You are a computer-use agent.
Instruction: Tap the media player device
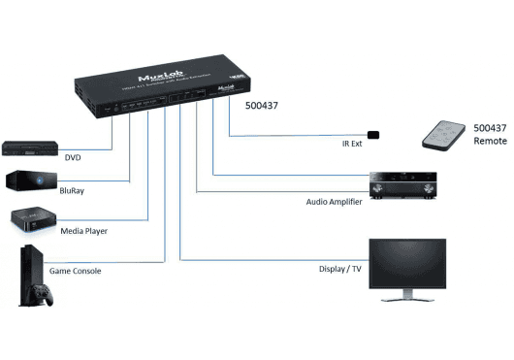tap(31, 219)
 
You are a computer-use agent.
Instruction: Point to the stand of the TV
tap(407, 299)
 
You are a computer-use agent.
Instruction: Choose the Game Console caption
tap(75, 270)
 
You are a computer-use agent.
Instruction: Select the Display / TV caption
tap(341, 270)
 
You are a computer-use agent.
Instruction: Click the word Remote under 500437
tap(490, 142)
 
